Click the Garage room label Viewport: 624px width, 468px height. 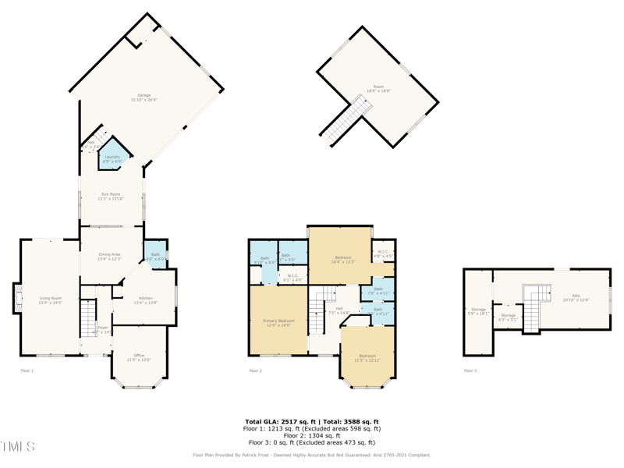click(x=144, y=97)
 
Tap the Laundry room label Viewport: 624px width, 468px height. click(x=112, y=159)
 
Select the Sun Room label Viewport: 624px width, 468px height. click(x=111, y=197)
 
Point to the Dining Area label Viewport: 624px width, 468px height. click(x=109, y=257)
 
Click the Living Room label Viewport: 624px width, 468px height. click(x=51, y=300)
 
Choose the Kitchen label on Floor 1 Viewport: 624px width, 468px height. click(x=145, y=300)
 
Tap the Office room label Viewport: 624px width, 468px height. click(x=139, y=357)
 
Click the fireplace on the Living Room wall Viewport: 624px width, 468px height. click(x=17, y=298)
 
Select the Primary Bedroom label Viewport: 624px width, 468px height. click(x=278, y=323)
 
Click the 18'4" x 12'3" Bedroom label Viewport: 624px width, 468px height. click(x=343, y=260)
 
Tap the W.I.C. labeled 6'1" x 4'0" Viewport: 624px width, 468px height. click(x=292, y=277)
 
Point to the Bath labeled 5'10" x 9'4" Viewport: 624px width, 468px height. click(x=264, y=261)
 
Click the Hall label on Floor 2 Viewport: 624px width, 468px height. click(x=339, y=310)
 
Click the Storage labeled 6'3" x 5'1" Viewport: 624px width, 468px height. click(x=508, y=317)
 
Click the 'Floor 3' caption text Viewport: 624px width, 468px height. click(x=470, y=370)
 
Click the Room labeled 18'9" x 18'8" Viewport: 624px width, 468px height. click(x=378, y=89)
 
